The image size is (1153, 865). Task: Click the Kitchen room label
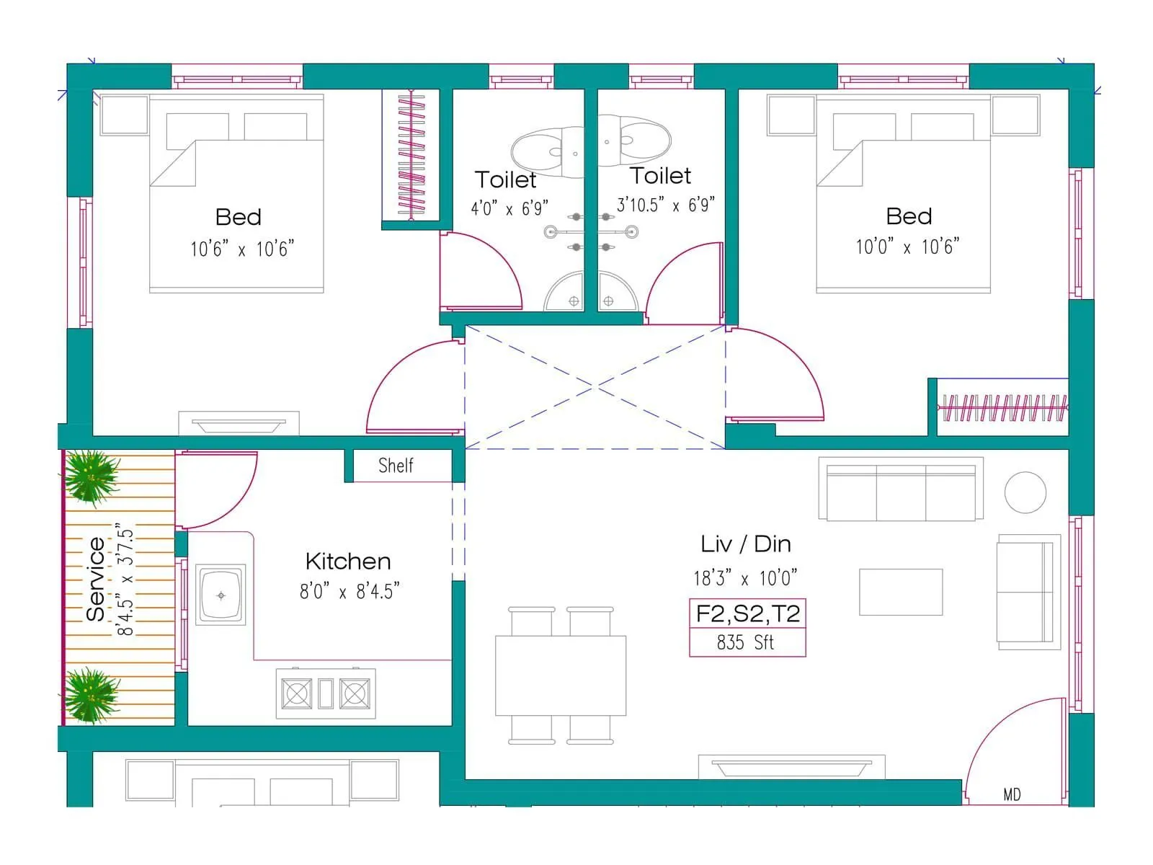[348, 562]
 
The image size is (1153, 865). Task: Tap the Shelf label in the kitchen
[396, 466]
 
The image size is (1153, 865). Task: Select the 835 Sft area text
[746, 642]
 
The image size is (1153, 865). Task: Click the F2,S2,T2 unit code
[747, 613]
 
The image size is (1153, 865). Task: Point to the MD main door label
[1012, 794]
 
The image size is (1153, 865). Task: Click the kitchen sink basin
[221, 595]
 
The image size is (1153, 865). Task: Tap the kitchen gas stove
[326, 693]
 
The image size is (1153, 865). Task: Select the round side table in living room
[1025, 492]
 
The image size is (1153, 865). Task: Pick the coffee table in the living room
[901, 592]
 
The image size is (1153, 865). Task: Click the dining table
[560, 675]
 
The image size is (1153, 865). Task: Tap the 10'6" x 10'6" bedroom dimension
[242, 249]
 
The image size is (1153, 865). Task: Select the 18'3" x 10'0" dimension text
[745, 578]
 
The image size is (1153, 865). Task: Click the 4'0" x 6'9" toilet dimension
[509, 209]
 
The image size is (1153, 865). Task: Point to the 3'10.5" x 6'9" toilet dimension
[665, 205]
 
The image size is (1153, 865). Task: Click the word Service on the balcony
[96, 580]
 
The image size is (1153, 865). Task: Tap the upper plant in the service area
[91, 477]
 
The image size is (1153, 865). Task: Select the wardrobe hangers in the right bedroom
[1003, 408]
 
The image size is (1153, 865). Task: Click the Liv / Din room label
[745, 544]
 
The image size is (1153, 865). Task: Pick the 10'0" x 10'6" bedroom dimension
[907, 247]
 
